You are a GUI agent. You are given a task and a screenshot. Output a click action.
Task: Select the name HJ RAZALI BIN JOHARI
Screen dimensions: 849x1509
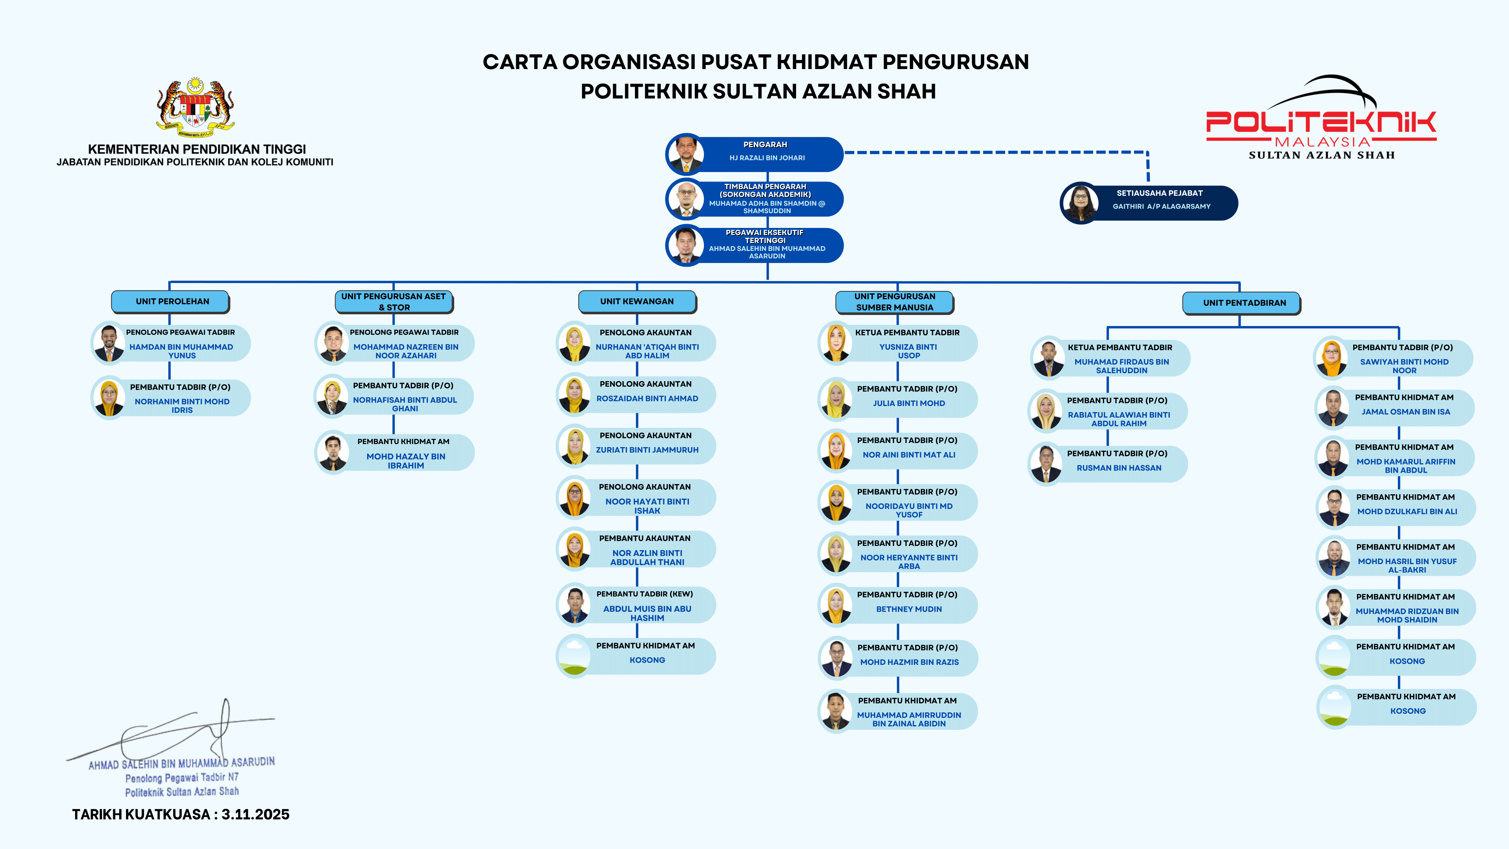pos(767,158)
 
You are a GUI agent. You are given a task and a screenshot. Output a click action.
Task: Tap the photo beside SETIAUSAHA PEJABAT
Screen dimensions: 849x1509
pos(1080,203)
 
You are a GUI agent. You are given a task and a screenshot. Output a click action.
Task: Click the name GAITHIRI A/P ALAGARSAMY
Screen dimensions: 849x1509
pos(1161,207)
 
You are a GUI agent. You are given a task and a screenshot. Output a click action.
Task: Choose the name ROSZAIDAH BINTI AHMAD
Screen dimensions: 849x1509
pos(647,399)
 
